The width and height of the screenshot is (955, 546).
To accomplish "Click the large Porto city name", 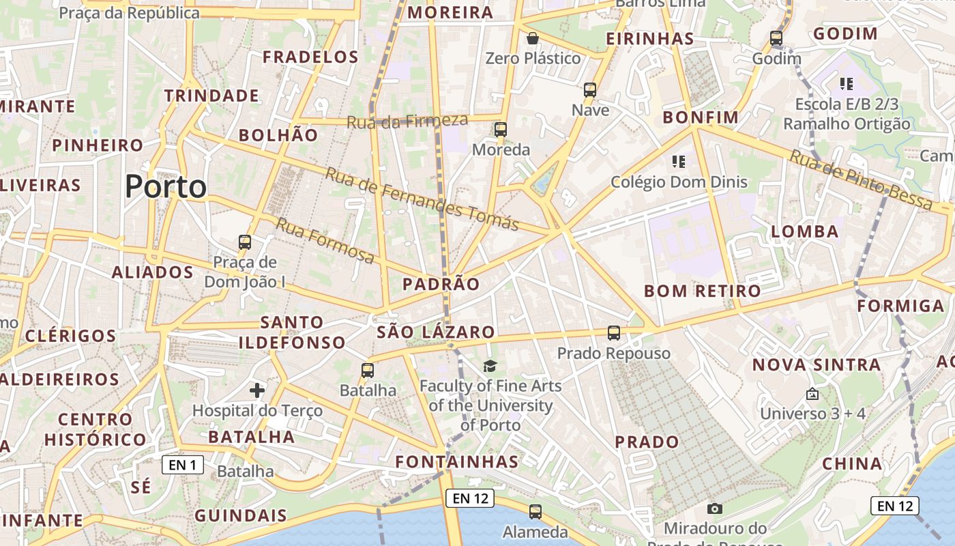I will [166, 186].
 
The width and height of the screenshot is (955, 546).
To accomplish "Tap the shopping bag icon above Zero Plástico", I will [533, 38].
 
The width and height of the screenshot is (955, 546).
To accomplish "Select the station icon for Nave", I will [590, 89].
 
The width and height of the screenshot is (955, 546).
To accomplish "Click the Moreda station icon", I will [501, 129].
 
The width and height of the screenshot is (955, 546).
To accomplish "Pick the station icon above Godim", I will [776, 38].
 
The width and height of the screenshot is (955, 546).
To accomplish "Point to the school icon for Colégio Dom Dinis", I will [678, 162].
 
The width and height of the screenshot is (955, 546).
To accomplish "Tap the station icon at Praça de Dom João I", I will [245, 242].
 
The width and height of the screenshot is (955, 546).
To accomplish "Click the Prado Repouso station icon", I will [614, 333].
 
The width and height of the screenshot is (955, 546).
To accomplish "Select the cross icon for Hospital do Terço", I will [257, 390].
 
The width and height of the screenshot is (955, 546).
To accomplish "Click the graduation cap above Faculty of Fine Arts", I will [490, 367].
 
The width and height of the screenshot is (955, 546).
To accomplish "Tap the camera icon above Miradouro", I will [715, 508].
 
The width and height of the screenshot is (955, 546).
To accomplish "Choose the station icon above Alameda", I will [535, 511].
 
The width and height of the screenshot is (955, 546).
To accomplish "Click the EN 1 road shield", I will [183, 465].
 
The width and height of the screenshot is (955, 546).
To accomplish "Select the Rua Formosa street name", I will [325, 241].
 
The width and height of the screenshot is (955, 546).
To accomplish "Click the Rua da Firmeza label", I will [407, 121].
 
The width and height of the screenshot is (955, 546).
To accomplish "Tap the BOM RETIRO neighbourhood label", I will [703, 291].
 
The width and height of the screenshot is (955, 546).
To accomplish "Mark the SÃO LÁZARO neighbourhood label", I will [436, 332].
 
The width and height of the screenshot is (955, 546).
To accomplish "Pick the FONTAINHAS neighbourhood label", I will [457, 462].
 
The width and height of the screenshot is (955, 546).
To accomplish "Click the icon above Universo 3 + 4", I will [812, 394].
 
